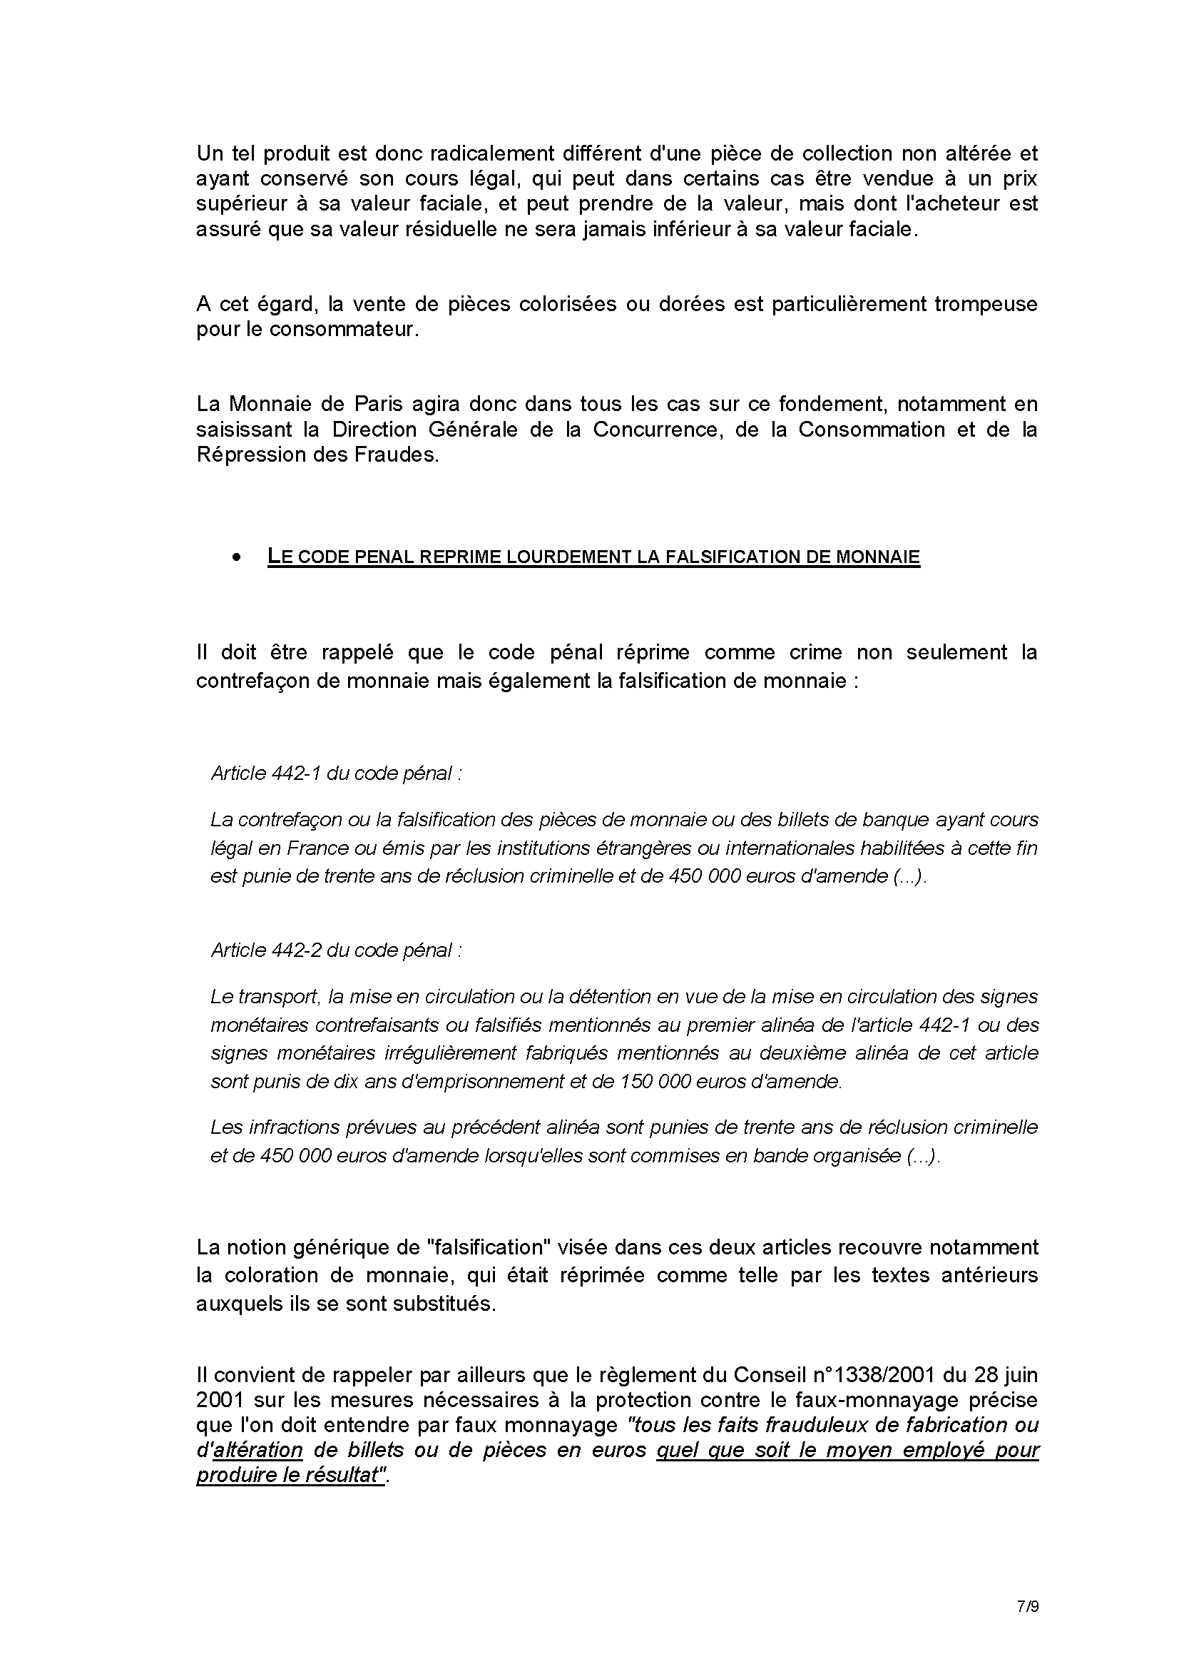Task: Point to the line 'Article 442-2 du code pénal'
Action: coord(336,950)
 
